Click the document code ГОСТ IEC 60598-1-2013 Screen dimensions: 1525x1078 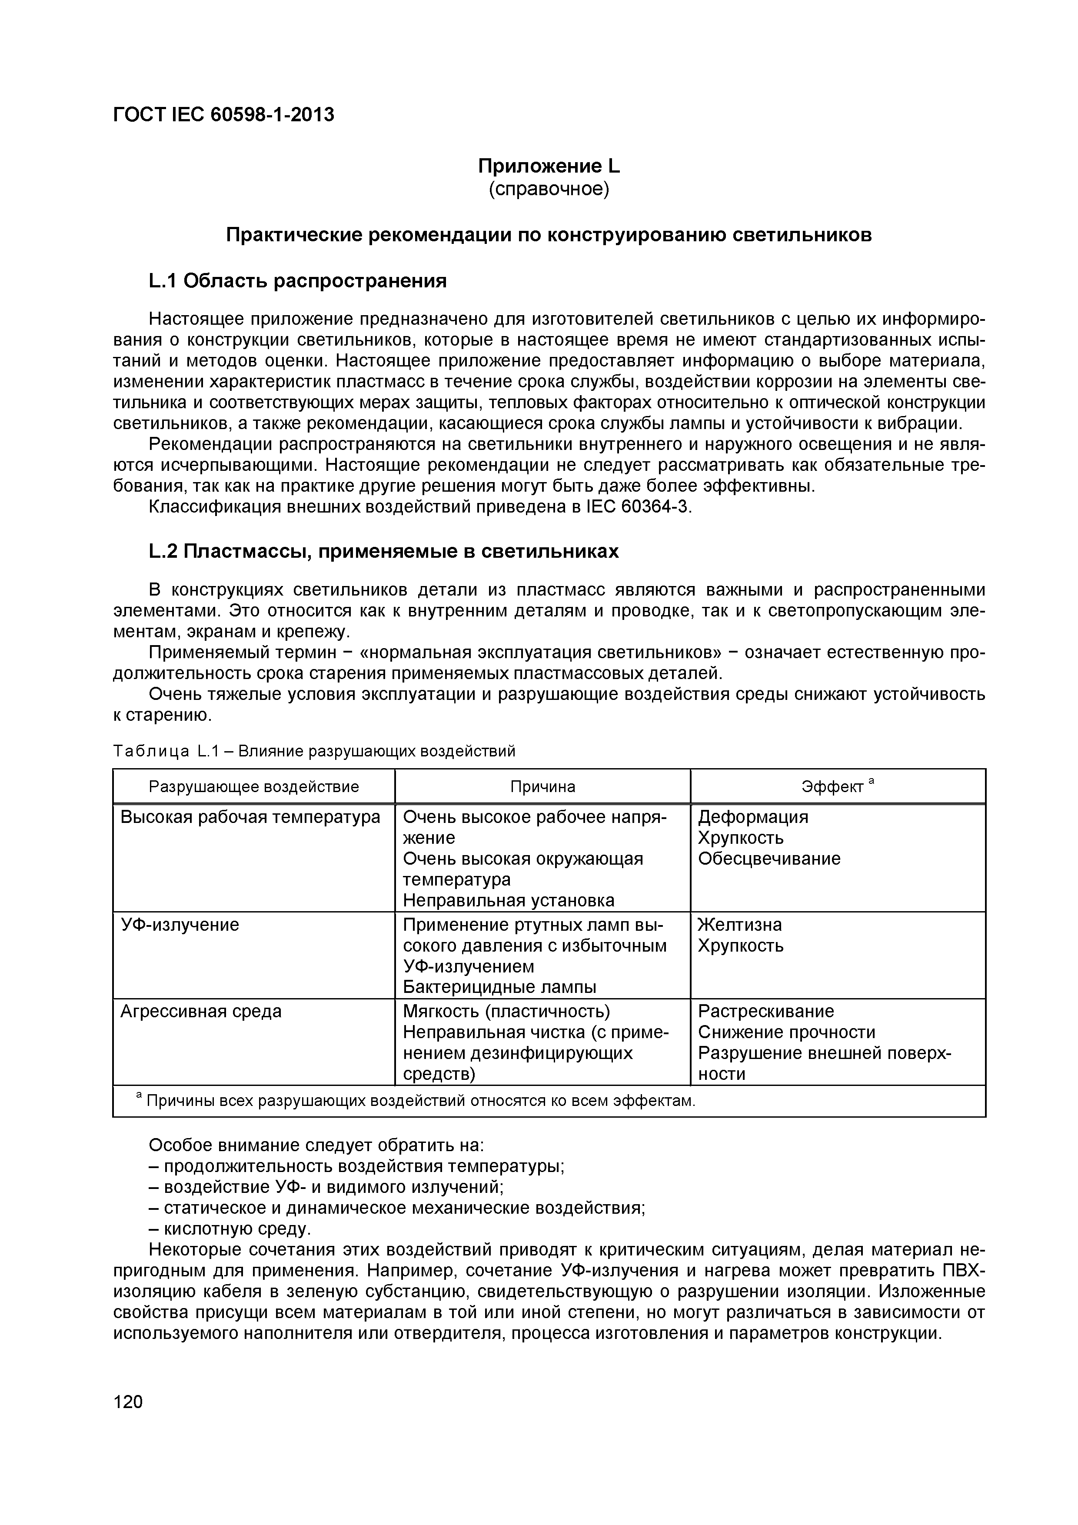click(224, 115)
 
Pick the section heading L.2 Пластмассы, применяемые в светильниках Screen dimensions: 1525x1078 click(383, 551)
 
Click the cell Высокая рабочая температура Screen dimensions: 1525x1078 click(250, 816)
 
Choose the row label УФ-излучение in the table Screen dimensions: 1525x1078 click(180, 925)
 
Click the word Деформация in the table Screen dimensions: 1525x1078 click(753, 816)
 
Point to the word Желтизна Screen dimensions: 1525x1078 click(740, 925)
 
